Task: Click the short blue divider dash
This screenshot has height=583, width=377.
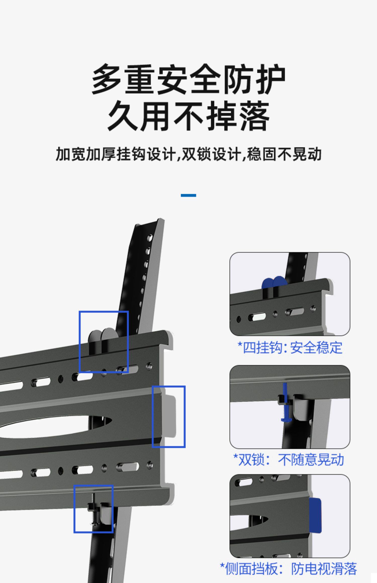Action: coord(189,195)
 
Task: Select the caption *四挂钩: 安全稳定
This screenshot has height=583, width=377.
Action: coord(290,348)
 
